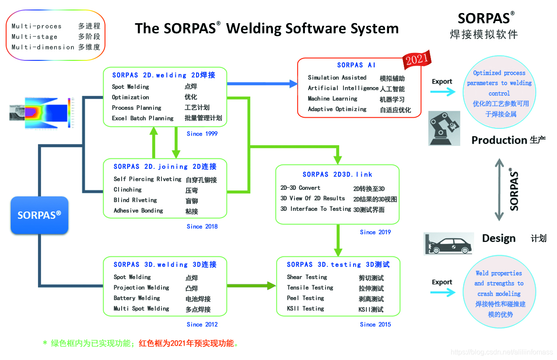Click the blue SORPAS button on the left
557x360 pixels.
pos(39,215)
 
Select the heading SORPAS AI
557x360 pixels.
pos(356,65)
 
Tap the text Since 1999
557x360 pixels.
pos(202,133)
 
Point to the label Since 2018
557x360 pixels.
pos(202,226)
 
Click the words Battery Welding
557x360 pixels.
pos(137,298)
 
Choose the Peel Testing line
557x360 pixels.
pos(305,298)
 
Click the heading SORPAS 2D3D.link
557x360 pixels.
pos(337,174)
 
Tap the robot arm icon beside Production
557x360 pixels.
pos(444,128)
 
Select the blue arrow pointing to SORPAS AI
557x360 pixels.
pos(263,84)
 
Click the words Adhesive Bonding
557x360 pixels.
pos(138,210)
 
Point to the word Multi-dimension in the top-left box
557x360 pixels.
pos(43,47)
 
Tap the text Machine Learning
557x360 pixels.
pos(333,98)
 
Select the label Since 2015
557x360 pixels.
pos(375,324)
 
